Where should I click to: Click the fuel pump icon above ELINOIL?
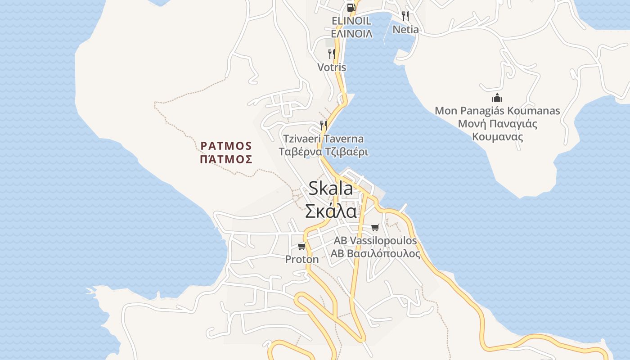click(x=351, y=7)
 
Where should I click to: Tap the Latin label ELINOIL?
click(x=351, y=21)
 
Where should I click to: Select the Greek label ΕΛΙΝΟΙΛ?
click(x=351, y=34)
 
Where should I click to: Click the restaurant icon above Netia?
click(x=405, y=16)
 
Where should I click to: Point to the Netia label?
click(x=405, y=30)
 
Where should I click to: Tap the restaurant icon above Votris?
click(x=332, y=54)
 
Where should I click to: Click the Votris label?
click(x=332, y=67)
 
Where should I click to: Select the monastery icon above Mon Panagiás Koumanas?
click(x=497, y=97)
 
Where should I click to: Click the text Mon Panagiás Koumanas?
click(x=497, y=111)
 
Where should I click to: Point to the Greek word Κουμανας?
click(x=497, y=136)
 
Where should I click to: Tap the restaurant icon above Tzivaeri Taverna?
click(x=323, y=125)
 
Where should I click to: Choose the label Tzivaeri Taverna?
click(x=323, y=139)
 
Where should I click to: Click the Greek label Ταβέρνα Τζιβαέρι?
click(x=323, y=152)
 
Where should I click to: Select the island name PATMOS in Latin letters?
click(x=226, y=146)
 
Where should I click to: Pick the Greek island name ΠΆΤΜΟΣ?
click(x=226, y=159)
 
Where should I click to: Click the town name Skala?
click(x=331, y=189)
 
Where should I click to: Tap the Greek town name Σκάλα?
click(x=331, y=211)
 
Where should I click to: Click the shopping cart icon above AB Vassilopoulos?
click(x=375, y=227)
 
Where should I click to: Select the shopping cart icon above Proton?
click(x=302, y=246)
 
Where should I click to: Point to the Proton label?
click(x=302, y=260)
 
